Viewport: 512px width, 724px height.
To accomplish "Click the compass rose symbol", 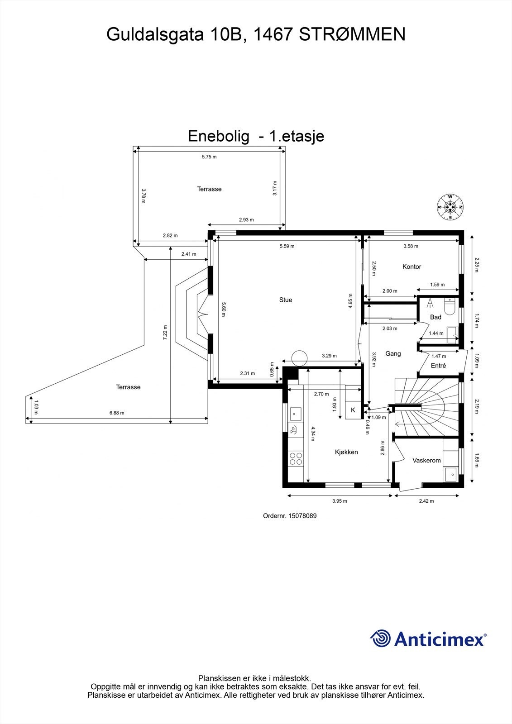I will click(x=450, y=207).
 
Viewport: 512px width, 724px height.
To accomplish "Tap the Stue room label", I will click(x=286, y=300).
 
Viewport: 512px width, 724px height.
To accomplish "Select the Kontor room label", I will click(x=412, y=267).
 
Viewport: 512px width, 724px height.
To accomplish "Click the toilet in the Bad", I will click(x=450, y=307).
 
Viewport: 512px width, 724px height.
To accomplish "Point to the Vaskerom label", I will click(x=426, y=460).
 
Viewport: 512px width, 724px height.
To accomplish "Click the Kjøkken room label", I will click(x=346, y=452).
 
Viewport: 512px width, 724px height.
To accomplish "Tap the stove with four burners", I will click(x=296, y=458).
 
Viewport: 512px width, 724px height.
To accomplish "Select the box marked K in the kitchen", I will click(x=353, y=410).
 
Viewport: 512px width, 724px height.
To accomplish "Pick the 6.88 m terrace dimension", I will click(x=117, y=413).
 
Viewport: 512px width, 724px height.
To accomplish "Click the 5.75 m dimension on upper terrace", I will click(x=209, y=157).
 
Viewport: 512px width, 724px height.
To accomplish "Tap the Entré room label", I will click(x=438, y=366).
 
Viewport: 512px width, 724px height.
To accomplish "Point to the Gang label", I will click(x=393, y=353).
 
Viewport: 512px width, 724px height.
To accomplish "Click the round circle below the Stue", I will click(x=300, y=358).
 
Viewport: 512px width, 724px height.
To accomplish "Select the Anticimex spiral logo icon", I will click(x=380, y=638).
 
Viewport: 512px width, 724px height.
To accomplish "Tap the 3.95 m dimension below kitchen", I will click(x=340, y=501).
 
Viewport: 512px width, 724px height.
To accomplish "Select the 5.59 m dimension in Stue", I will click(x=287, y=246).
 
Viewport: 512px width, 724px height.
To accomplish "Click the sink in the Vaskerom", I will click(x=450, y=474).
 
